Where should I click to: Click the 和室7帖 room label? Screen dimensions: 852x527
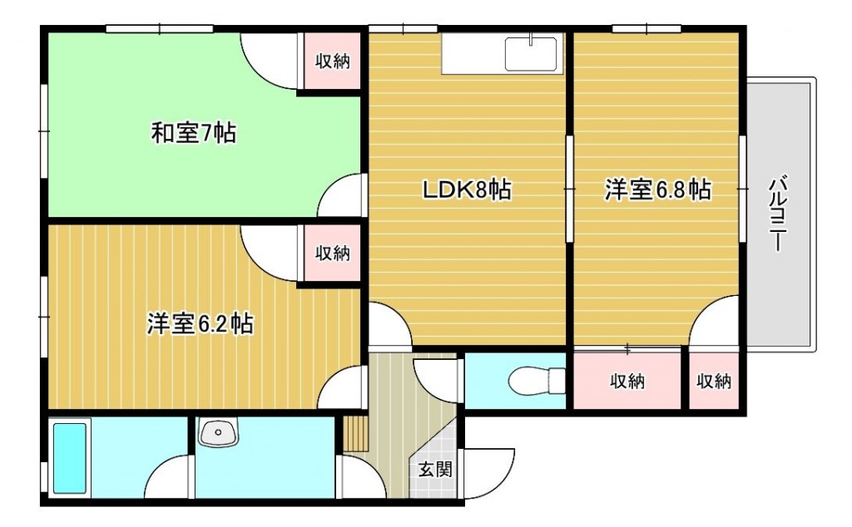(x=193, y=133)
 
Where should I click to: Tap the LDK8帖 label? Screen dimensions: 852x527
(x=468, y=190)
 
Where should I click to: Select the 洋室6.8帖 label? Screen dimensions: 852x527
(x=658, y=190)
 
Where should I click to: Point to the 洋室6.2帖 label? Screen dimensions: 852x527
(x=200, y=324)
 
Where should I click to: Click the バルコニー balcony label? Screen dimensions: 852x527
(x=778, y=214)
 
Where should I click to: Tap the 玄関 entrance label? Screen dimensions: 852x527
(x=435, y=469)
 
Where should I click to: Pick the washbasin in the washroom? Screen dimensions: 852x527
(x=218, y=432)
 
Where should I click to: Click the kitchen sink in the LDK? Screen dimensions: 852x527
(x=531, y=54)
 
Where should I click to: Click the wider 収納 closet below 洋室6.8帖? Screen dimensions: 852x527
(x=627, y=381)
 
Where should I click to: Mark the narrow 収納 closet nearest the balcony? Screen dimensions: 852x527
(x=714, y=381)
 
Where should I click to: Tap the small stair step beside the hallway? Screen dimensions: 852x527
(x=356, y=434)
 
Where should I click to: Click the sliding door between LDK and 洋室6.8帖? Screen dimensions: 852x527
(x=569, y=189)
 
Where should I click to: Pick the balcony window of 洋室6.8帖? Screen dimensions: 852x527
(x=742, y=189)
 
